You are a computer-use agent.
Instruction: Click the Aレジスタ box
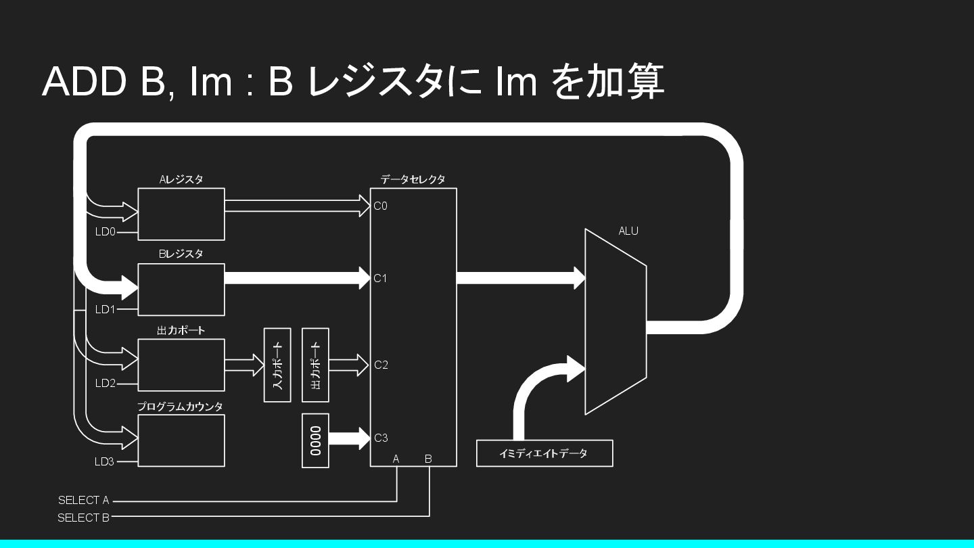click(x=181, y=214)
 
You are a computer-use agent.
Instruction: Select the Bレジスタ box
click(x=181, y=290)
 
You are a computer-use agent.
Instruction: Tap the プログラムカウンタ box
click(x=181, y=440)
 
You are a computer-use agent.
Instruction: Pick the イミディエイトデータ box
click(x=544, y=453)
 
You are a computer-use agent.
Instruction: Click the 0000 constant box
click(x=315, y=440)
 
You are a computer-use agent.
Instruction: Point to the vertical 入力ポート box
click(x=277, y=365)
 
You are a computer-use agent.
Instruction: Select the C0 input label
click(x=381, y=206)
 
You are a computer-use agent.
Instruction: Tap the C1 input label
click(x=381, y=278)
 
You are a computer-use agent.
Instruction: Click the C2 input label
click(x=381, y=365)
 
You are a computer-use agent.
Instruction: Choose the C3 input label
click(x=381, y=438)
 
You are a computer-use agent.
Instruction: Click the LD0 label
click(x=105, y=232)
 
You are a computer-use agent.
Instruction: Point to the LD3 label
click(x=105, y=463)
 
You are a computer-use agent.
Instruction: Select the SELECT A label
click(x=83, y=501)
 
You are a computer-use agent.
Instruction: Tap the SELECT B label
click(x=83, y=518)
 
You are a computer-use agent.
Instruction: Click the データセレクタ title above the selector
click(x=413, y=180)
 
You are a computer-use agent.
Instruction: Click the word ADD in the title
click(x=85, y=81)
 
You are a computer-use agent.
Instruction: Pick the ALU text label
click(x=628, y=231)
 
